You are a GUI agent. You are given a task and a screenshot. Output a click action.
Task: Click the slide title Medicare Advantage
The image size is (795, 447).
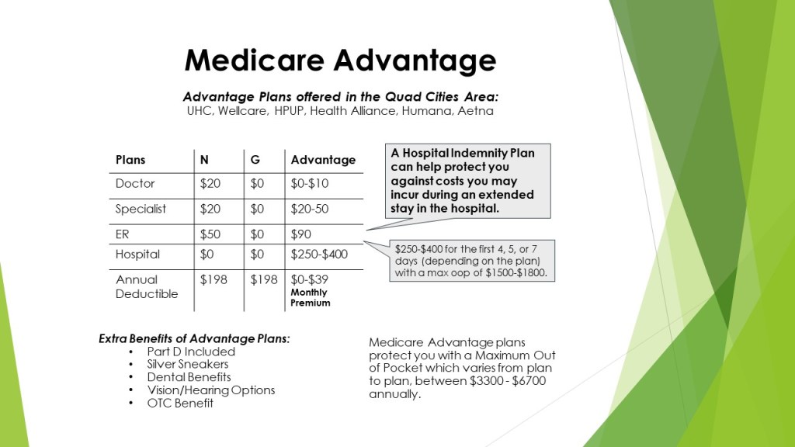tap(340, 61)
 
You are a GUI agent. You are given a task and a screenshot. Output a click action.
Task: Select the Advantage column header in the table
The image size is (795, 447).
tap(323, 160)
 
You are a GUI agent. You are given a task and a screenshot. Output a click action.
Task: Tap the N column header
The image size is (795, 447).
tap(204, 160)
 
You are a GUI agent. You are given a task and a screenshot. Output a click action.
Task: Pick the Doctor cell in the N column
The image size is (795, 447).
tap(210, 183)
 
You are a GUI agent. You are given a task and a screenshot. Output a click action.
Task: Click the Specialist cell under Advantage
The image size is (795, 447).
tap(309, 209)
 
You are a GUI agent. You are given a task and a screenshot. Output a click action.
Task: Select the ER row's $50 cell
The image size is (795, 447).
tap(210, 234)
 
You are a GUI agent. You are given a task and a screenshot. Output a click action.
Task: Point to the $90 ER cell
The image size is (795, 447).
tap(300, 234)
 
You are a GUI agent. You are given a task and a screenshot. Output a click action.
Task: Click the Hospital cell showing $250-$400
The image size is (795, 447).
tap(319, 254)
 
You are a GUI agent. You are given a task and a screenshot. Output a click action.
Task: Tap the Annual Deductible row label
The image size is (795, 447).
tap(147, 286)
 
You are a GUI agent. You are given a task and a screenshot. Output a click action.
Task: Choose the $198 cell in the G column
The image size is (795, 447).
tap(264, 279)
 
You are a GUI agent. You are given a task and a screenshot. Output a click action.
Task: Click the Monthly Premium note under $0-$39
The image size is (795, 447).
tap(311, 297)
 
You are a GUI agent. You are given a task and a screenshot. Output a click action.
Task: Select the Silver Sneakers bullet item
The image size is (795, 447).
tap(188, 364)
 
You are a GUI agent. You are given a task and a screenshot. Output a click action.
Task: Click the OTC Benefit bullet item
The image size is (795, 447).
tap(180, 403)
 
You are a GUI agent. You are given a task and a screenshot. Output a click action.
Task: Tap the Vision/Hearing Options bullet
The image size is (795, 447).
tap(211, 390)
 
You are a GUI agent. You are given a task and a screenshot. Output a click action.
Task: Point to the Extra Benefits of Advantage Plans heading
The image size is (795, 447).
tap(194, 338)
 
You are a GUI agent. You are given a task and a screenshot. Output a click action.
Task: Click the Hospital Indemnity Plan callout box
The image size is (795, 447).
tap(467, 180)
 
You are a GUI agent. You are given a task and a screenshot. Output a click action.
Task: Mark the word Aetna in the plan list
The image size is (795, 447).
tap(475, 111)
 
